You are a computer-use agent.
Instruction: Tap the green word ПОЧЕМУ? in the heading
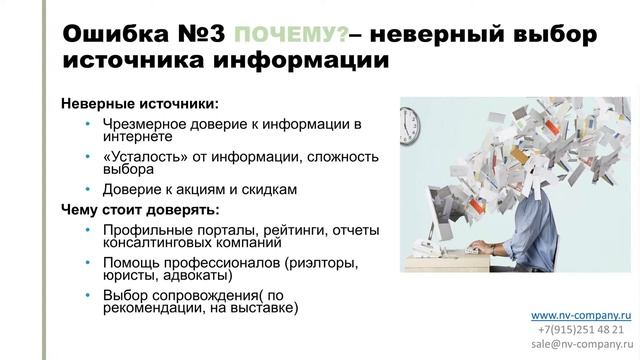coord(292,36)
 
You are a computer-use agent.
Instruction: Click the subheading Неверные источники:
coord(139,103)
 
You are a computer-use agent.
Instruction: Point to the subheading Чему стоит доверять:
coord(139,210)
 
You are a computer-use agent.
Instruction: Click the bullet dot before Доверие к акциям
coord(88,190)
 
